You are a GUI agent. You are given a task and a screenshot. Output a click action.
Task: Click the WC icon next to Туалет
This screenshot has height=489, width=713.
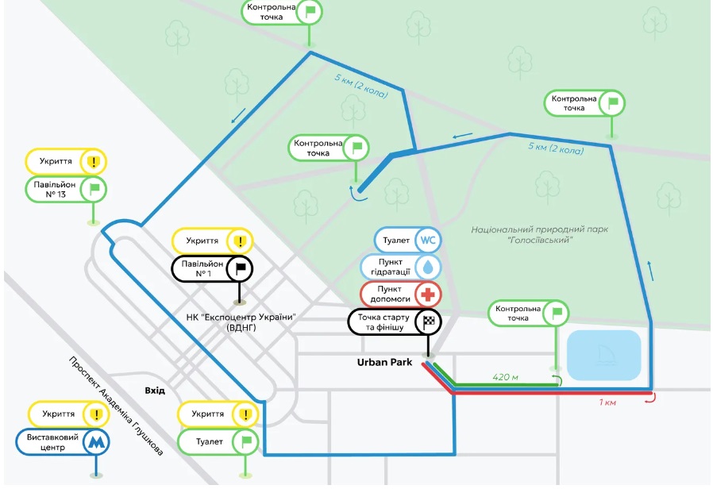coord(429,240)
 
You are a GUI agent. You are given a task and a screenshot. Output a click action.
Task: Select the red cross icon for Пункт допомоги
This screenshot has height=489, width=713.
coord(429,295)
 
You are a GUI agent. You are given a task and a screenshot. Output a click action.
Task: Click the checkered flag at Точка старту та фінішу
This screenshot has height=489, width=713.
coord(429,322)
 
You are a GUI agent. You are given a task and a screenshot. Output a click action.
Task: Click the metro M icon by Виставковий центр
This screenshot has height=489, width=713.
coord(96,441)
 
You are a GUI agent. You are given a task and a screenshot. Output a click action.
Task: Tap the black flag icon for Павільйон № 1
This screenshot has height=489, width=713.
coord(240,268)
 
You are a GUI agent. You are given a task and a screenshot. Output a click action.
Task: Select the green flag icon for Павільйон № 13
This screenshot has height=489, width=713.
coord(95,188)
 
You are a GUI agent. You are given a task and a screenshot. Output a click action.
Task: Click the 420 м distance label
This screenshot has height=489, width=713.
coord(505,376)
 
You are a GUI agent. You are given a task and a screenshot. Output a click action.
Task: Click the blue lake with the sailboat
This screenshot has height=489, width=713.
coord(603,354)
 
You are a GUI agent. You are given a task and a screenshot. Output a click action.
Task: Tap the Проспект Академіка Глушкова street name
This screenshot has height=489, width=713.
coord(116,406)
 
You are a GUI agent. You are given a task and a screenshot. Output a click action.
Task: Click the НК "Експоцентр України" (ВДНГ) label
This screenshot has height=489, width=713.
coord(249,322)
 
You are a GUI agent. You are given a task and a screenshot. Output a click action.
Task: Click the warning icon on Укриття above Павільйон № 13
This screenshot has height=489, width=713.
coord(95,162)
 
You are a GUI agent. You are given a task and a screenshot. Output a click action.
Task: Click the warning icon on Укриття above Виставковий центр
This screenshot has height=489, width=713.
coord(96,414)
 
